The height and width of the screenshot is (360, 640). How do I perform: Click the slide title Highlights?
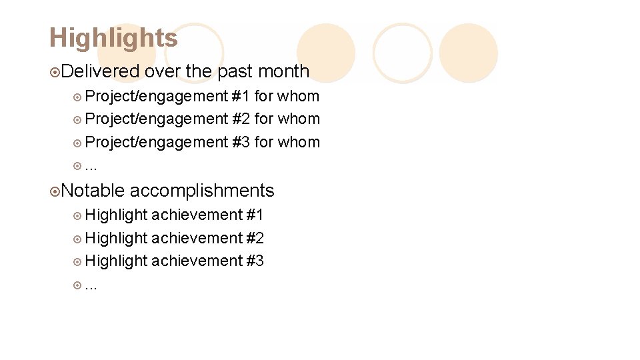tap(113, 38)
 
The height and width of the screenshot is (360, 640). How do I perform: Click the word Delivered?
tap(102, 71)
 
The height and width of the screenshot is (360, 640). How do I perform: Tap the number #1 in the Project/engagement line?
tap(241, 96)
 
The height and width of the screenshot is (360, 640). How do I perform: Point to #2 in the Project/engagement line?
tap(241, 119)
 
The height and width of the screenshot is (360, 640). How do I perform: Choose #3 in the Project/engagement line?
tap(241, 142)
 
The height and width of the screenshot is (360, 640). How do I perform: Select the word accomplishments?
tap(202, 191)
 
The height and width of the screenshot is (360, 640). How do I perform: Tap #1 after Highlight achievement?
tap(255, 215)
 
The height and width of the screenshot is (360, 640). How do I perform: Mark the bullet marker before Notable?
tap(55, 191)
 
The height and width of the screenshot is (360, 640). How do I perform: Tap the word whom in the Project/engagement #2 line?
tap(298, 119)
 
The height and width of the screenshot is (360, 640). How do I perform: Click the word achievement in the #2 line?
tap(197, 238)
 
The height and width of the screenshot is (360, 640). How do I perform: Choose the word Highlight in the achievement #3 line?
tap(116, 261)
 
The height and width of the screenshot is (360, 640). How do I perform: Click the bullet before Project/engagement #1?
tap(77, 97)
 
